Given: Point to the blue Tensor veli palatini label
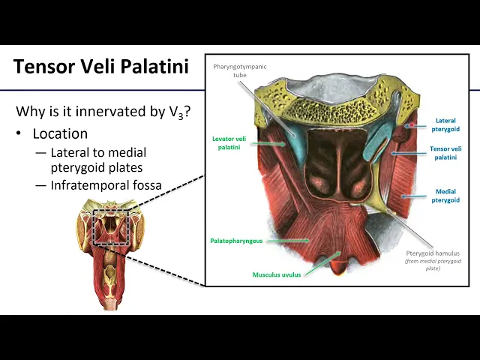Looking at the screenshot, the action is (x=445, y=153).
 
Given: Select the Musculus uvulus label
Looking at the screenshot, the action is (x=276, y=274).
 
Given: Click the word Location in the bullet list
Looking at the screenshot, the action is (x=60, y=134).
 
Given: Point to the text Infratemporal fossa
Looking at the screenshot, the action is (x=106, y=185).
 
